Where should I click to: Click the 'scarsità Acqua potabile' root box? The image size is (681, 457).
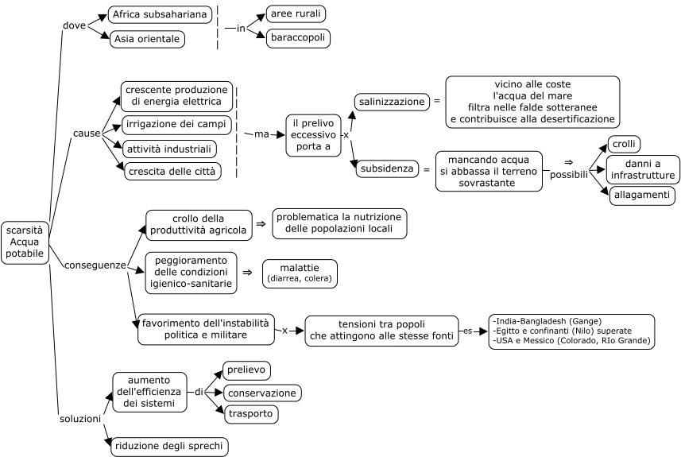25,242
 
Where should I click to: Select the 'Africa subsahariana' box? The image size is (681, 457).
160,14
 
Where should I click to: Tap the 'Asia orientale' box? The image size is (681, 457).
147,39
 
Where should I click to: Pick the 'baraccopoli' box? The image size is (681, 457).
298,38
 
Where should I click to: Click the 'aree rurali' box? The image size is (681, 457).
296,14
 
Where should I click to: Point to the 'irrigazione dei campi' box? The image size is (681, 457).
176,124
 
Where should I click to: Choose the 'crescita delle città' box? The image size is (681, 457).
172,171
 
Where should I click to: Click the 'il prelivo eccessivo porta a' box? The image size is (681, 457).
313,135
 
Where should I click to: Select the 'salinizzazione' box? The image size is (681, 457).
392,102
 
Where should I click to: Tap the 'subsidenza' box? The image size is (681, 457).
387,168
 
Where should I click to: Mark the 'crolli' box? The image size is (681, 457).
624,144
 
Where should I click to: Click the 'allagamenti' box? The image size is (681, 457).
642,195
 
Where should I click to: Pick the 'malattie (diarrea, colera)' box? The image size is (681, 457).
300,273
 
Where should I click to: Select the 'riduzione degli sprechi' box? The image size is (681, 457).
169,446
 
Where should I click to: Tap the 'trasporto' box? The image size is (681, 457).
250,413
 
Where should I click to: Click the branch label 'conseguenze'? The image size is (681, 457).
95,265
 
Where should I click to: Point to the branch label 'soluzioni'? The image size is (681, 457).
80,419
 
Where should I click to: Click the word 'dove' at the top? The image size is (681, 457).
74,25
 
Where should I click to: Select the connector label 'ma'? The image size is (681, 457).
261,134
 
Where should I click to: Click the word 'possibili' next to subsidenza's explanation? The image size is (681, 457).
568,175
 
